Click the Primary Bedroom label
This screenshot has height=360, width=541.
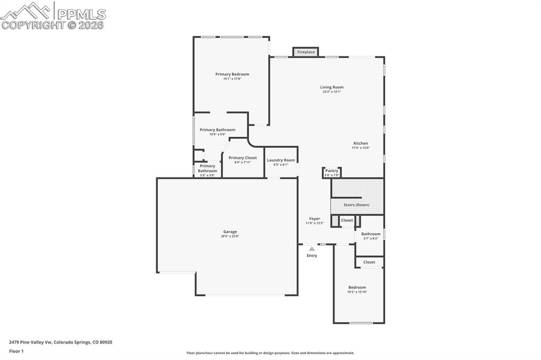[232, 74]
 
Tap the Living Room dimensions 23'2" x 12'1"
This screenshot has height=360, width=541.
[332, 92]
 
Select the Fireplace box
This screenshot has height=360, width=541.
[306, 52]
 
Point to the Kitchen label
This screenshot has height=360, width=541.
[361, 144]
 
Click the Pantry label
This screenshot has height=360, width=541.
[332, 170]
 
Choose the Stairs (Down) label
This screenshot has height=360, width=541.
[357, 205]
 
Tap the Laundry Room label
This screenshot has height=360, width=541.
[281, 160]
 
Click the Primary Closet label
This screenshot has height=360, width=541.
[242, 158]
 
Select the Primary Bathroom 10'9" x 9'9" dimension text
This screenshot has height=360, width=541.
[217, 135]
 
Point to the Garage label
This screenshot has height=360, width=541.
[230, 232]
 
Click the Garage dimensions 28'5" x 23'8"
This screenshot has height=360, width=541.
[230, 236]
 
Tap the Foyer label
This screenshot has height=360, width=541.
[314, 219]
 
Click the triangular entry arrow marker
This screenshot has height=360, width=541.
[312, 249]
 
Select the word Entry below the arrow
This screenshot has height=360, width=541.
[312, 256]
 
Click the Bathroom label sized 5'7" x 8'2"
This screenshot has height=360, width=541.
[371, 234]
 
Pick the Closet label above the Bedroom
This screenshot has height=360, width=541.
[369, 262]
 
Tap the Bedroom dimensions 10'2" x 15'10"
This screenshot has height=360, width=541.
[357, 292]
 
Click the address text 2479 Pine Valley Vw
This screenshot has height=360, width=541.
[31, 342]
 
